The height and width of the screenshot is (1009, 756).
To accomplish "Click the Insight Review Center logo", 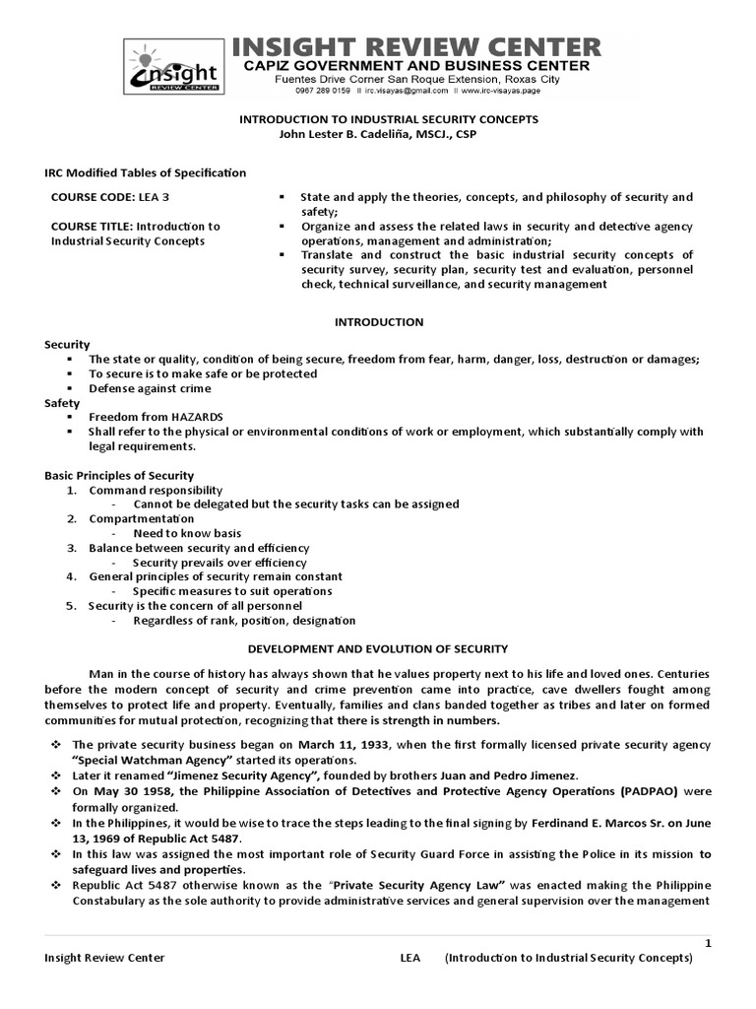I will [173, 70].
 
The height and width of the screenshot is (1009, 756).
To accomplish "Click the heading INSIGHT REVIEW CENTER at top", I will [416, 45].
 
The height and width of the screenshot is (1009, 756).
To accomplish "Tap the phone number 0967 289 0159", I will [323, 92].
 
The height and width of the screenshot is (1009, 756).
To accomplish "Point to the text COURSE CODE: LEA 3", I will [102, 197].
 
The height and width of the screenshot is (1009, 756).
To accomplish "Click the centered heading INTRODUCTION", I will [379, 321].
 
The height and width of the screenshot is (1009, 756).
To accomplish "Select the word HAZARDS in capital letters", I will [192, 417].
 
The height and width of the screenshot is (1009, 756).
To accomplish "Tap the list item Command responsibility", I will [156, 490].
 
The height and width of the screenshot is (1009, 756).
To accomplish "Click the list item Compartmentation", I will [142, 518].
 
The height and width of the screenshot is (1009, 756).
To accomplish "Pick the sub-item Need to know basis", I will [187, 533].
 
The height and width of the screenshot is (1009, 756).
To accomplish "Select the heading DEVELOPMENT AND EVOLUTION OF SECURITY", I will [378, 648].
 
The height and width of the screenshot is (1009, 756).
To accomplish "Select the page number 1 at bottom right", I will [707, 944].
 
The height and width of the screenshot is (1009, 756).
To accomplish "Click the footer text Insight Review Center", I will [104, 958].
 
